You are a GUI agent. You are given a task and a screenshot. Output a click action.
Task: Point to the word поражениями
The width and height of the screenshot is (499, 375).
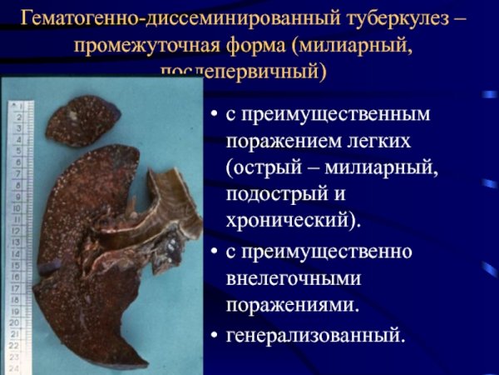[x=293, y=305]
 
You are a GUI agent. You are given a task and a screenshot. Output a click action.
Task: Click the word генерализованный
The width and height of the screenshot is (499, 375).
[x=315, y=335]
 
